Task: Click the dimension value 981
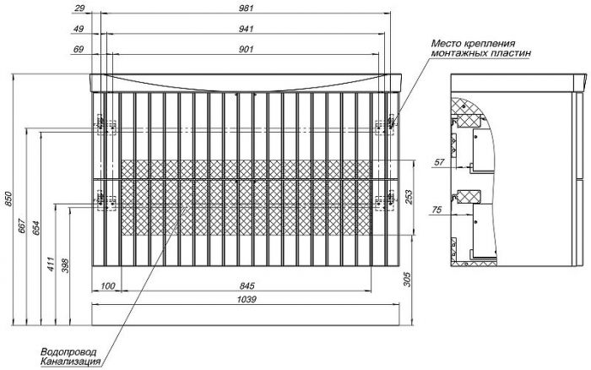click(x=247, y=8)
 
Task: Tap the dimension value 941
click(x=247, y=29)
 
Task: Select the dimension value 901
click(x=247, y=49)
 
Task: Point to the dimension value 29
click(x=79, y=8)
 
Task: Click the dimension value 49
click(x=79, y=29)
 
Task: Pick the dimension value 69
click(x=79, y=49)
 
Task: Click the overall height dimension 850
click(x=8, y=199)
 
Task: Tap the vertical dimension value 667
click(x=21, y=226)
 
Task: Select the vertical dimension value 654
click(x=35, y=228)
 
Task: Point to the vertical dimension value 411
click(x=51, y=264)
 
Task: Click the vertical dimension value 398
click(x=65, y=265)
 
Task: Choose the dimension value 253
click(x=408, y=198)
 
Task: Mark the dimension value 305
click(x=408, y=279)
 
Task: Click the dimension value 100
click(x=108, y=286)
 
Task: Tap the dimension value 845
click(x=247, y=286)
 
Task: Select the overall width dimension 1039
click(x=247, y=300)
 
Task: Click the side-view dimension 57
click(x=440, y=162)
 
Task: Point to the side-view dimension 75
click(x=436, y=209)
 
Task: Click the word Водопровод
click(x=68, y=352)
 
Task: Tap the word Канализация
click(x=70, y=362)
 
